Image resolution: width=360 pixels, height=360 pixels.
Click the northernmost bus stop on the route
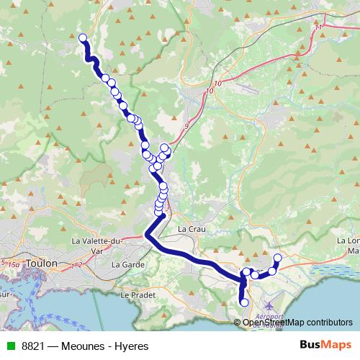pos(83,38)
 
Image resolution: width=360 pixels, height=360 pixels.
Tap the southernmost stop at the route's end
pos(244,302)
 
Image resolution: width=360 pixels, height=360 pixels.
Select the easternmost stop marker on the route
pos(278,258)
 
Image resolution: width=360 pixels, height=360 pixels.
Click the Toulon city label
pos(40,264)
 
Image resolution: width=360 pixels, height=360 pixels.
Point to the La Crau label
pos(190,229)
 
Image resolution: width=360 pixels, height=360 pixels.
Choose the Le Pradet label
pos(134,294)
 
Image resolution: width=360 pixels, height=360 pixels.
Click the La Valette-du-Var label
pos(98,246)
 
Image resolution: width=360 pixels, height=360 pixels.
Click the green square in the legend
pos(8,346)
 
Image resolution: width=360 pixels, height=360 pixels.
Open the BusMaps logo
pos(325,346)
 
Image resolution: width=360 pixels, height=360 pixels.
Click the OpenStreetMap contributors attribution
pos(297,323)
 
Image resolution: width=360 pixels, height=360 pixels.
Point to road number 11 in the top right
pos(318,27)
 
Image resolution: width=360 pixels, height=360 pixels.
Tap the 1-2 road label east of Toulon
pos(78,266)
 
